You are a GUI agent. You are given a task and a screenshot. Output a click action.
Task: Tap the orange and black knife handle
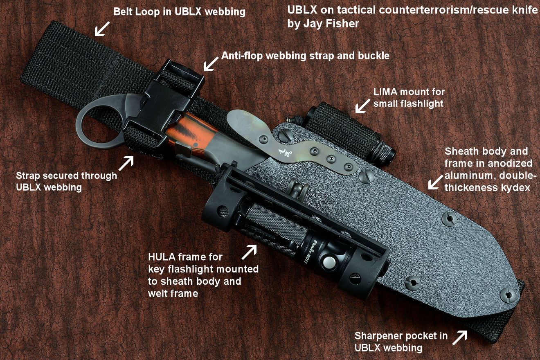pos(191,134)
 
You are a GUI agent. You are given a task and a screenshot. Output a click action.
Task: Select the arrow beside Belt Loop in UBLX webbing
pos(102,29)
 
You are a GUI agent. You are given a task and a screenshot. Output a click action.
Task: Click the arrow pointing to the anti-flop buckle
pos(211,64)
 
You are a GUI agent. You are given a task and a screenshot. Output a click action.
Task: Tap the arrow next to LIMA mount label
pos(363,106)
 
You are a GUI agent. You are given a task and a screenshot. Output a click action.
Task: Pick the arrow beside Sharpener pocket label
pos(460,337)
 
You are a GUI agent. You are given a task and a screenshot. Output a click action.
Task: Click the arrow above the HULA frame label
pos(249,252)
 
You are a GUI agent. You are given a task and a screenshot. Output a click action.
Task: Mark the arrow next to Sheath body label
pos(436,182)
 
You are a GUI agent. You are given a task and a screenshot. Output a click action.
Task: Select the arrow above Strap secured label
pos(126,163)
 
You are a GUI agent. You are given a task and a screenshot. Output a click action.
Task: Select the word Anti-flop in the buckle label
pos(242,56)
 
